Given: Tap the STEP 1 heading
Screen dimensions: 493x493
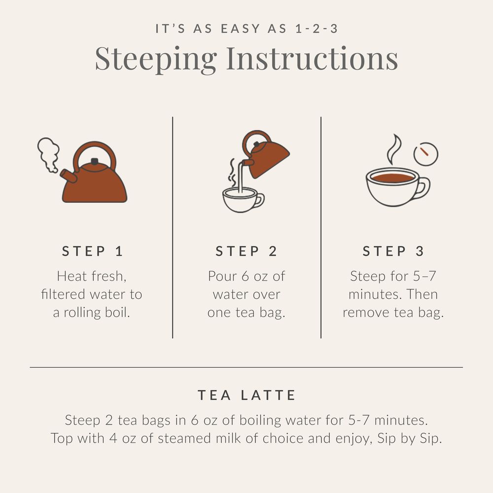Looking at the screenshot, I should [92, 251].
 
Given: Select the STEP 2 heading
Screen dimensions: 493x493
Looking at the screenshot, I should [246, 251].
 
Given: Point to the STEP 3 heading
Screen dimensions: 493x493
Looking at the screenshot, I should [393, 251].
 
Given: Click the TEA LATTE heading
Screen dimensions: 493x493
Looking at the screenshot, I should [246, 395].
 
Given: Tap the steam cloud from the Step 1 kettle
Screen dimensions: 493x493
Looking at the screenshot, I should [48, 154].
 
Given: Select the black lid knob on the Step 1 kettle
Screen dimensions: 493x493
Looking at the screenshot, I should [95, 162].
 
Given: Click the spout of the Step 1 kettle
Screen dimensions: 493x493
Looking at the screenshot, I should [68, 176].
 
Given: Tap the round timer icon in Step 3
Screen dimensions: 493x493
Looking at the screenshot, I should [425, 154].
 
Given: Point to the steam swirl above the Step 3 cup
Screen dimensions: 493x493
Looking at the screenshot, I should [394, 149].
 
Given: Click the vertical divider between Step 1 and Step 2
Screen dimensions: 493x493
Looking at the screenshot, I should [173, 227].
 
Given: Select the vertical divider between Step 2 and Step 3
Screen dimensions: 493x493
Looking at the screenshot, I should [321, 227].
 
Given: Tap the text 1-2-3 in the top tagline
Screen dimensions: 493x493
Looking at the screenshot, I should [315, 29].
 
